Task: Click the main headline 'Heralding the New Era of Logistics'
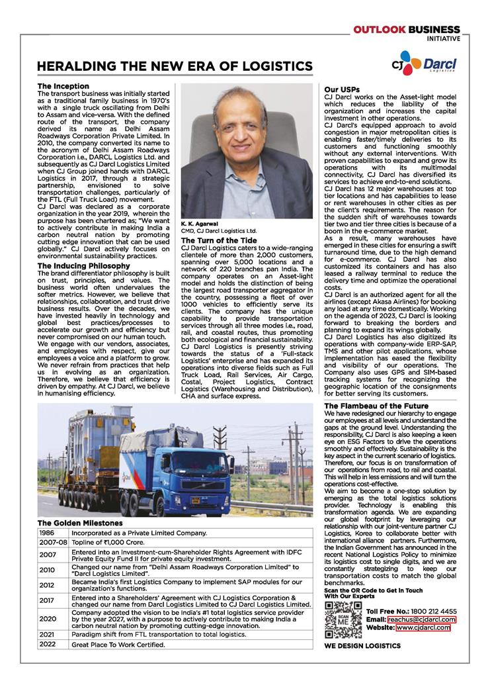175,66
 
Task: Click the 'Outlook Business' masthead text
406,30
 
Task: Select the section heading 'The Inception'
63,87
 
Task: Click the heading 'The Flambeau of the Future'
376,406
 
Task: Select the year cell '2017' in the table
47,601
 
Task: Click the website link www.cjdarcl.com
423,627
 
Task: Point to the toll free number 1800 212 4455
430,610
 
